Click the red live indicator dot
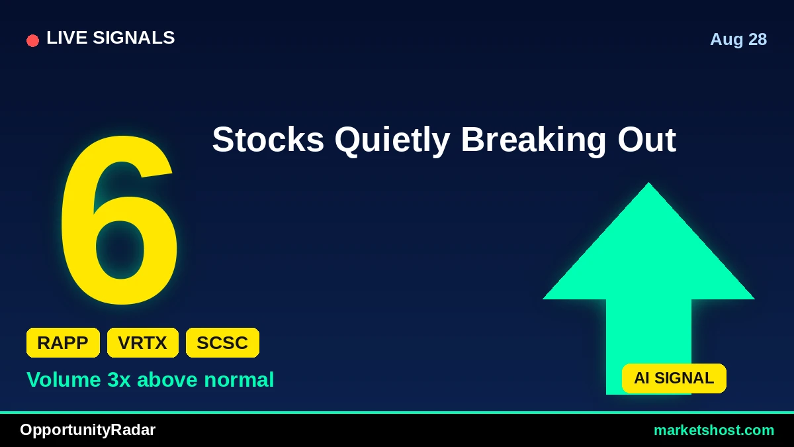click(32, 40)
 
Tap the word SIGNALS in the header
click(134, 38)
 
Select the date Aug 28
click(738, 39)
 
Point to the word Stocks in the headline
click(268, 140)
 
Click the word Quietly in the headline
click(392, 141)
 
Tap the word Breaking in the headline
click(533, 141)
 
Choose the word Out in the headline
click(646, 140)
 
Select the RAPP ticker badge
click(63, 343)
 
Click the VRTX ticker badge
click(142, 343)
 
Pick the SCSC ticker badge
click(222, 343)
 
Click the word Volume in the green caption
click(64, 379)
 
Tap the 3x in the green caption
click(118, 379)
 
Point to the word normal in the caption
click(239, 379)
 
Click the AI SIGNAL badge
click(674, 378)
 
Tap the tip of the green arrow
click(648, 183)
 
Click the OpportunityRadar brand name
click(87, 430)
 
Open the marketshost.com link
click(714, 430)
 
